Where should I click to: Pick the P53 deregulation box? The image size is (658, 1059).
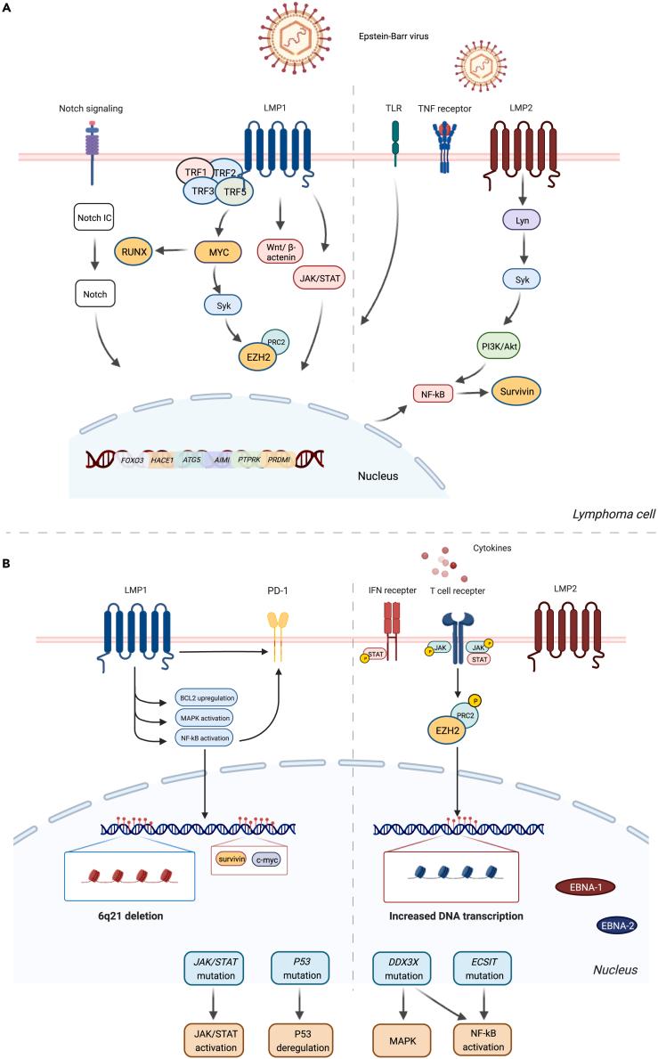[x=304, y=1039]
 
